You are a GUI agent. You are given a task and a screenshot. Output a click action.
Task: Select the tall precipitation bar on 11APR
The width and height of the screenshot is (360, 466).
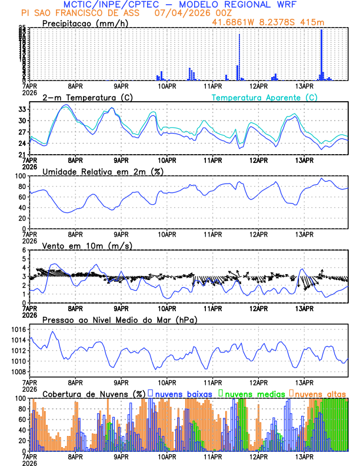point(239,57)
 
